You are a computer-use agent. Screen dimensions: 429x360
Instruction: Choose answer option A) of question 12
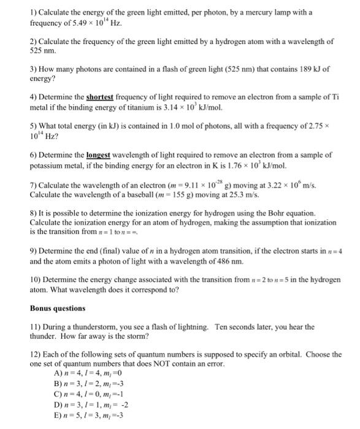click(58, 373)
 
